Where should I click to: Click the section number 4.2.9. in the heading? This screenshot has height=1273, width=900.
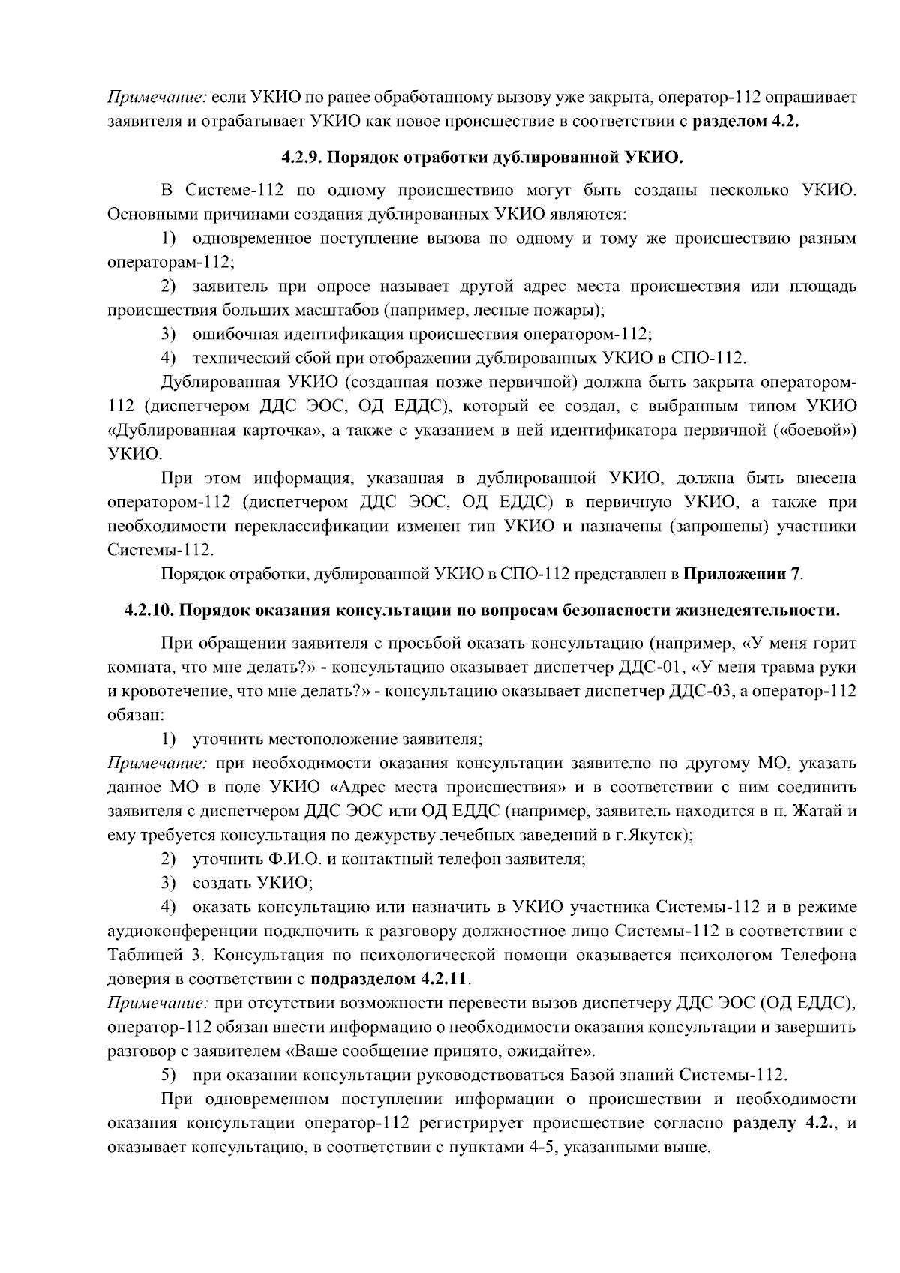(x=302, y=158)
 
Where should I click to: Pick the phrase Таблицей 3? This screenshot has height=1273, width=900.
(x=147, y=955)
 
